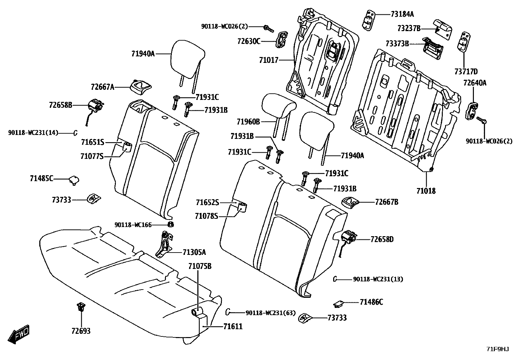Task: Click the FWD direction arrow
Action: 19,334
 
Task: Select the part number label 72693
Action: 81,331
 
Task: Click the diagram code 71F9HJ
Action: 497,349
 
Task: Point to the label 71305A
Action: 194,252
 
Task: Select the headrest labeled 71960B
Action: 278,105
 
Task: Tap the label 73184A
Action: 402,14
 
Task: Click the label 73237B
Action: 409,28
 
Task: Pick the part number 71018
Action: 426,191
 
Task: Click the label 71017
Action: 268,60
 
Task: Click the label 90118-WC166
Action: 133,225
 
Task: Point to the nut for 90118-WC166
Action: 171,224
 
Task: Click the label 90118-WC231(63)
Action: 270,313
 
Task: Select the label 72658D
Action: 382,239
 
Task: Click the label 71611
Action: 233,327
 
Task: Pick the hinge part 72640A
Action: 472,111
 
